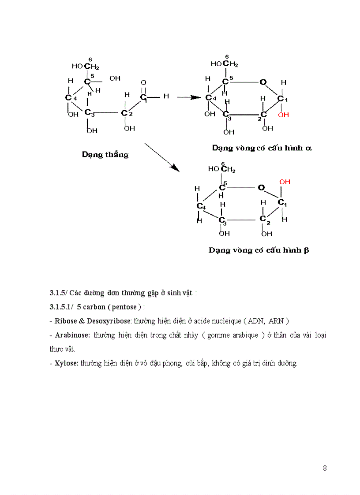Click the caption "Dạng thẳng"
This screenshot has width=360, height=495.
pos(105,154)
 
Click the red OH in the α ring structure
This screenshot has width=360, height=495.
pos(284,115)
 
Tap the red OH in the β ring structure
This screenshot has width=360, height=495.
pos(285,182)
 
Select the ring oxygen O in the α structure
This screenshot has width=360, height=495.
pos(263,82)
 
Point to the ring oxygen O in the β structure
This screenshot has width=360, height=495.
pos(261,187)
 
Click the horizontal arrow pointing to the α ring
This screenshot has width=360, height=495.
pos(189,97)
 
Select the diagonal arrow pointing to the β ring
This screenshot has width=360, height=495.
pos(162,157)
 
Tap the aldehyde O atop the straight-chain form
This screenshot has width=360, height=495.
pos(143,82)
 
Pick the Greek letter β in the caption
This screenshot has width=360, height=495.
pos(306,250)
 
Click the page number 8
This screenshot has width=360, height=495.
pos(325,468)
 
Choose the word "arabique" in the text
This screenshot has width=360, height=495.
pos(244,335)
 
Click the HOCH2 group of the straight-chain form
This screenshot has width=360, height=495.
pos(86,67)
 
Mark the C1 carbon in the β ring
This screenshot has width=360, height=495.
pos(282,203)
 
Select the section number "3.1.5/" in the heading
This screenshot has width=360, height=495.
pos(58,293)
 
